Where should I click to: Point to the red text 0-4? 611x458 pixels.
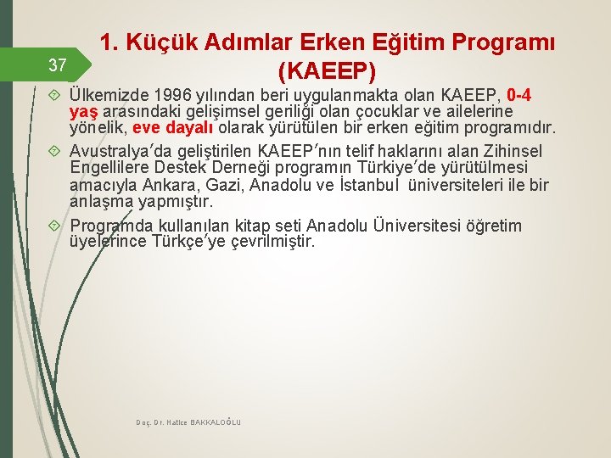(518, 96)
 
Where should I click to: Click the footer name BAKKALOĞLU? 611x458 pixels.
(216, 422)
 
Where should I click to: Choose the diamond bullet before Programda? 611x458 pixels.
(55, 226)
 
